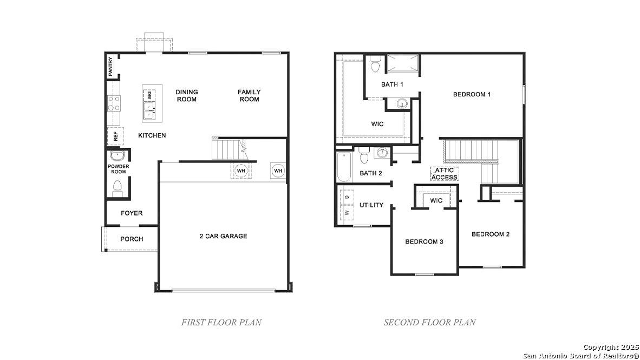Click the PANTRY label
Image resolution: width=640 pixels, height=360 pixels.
(x=111, y=67)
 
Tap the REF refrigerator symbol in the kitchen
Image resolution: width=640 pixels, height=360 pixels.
(x=115, y=136)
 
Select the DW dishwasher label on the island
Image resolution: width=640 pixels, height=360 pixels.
(x=149, y=95)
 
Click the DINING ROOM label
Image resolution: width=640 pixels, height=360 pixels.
(x=186, y=96)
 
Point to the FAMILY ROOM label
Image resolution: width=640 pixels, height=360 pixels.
(x=249, y=96)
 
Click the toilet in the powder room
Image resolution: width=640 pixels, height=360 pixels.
(x=117, y=188)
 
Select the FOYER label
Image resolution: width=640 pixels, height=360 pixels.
(x=132, y=213)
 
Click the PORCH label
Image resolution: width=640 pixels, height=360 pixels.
(x=132, y=239)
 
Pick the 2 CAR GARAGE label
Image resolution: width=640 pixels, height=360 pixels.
(x=223, y=236)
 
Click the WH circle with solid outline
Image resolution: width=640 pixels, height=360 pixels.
(x=278, y=171)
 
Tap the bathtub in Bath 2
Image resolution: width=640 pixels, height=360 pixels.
(x=344, y=168)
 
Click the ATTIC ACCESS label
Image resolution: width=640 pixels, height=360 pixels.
(x=445, y=174)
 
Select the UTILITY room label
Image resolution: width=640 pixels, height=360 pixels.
(x=371, y=205)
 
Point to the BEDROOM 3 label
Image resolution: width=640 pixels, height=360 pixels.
(x=424, y=241)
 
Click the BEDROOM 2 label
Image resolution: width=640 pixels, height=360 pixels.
(x=490, y=234)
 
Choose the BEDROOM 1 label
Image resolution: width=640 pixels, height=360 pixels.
(x=472, y=94)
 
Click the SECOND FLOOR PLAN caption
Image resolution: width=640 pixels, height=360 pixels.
(x=429, y=322)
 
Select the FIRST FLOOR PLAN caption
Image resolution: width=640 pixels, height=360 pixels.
(x=221, y=322)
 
